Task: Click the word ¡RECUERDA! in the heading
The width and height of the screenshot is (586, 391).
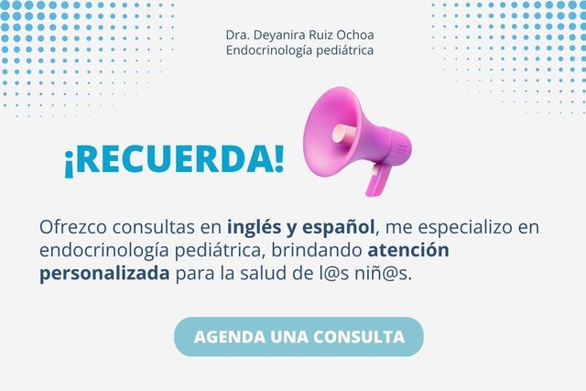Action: [x=174, y=158]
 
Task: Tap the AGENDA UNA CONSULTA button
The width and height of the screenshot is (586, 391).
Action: [x=298, y=336]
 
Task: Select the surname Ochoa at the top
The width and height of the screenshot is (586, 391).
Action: [x=353, y=35]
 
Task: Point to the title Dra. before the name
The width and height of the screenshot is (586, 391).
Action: [x=238, y=35]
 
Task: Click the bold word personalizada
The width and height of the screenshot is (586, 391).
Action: [x=105, y=273]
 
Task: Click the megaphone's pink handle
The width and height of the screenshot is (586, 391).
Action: [x=375, y=179]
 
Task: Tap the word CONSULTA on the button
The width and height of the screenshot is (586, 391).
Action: [x=359, y=336]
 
